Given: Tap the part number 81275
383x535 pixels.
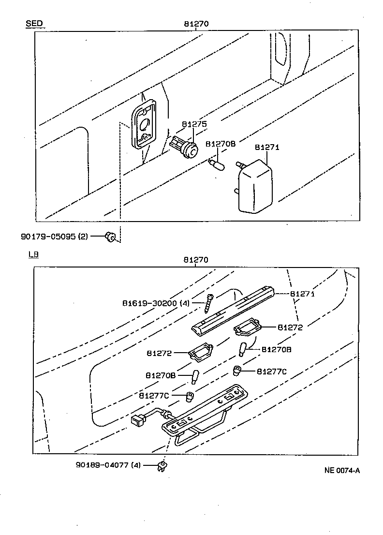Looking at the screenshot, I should [194, 124].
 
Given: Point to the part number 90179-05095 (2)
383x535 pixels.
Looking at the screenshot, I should [61, 236].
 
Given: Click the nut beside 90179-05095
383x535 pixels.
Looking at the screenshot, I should [110, 237].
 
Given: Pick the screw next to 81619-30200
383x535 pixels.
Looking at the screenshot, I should [210, 304].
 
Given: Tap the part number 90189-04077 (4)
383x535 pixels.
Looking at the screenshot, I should [108, 465].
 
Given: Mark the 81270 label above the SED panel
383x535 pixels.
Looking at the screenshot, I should [196, 24].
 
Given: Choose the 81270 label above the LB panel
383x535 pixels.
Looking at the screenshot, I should [196, 260].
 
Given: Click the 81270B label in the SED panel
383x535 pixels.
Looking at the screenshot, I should [221, 144].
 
